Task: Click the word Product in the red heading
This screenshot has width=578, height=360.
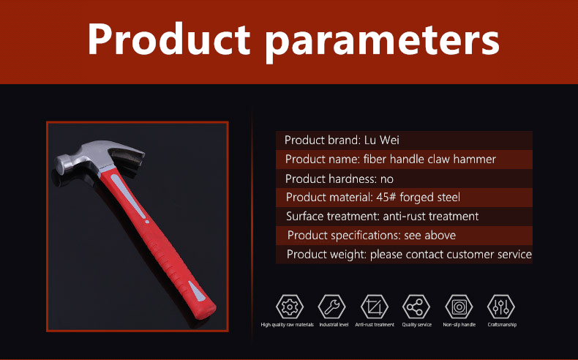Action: coord(169,39)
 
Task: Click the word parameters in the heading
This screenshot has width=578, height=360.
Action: coord(382,42)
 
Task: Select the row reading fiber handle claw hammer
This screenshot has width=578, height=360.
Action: coord(391,160)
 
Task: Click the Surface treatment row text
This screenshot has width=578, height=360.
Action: coord(382,217)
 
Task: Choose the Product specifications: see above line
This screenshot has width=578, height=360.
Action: coord(372,236)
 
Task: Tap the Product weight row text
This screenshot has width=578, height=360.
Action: coord(409,255)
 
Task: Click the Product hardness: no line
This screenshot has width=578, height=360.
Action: coord(339,179)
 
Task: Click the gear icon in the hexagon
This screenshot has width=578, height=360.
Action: coord(290,307)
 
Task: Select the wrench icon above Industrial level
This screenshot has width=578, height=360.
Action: coord(331,307)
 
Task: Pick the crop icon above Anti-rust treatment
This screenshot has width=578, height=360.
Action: coord(374,307)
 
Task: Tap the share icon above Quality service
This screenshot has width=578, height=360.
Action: coord(416,307)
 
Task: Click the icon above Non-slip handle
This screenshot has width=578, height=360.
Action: coord(459,307)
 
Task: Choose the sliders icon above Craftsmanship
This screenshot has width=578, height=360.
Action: coord(501,307)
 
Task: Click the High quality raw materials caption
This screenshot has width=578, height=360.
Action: coord(287,325)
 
